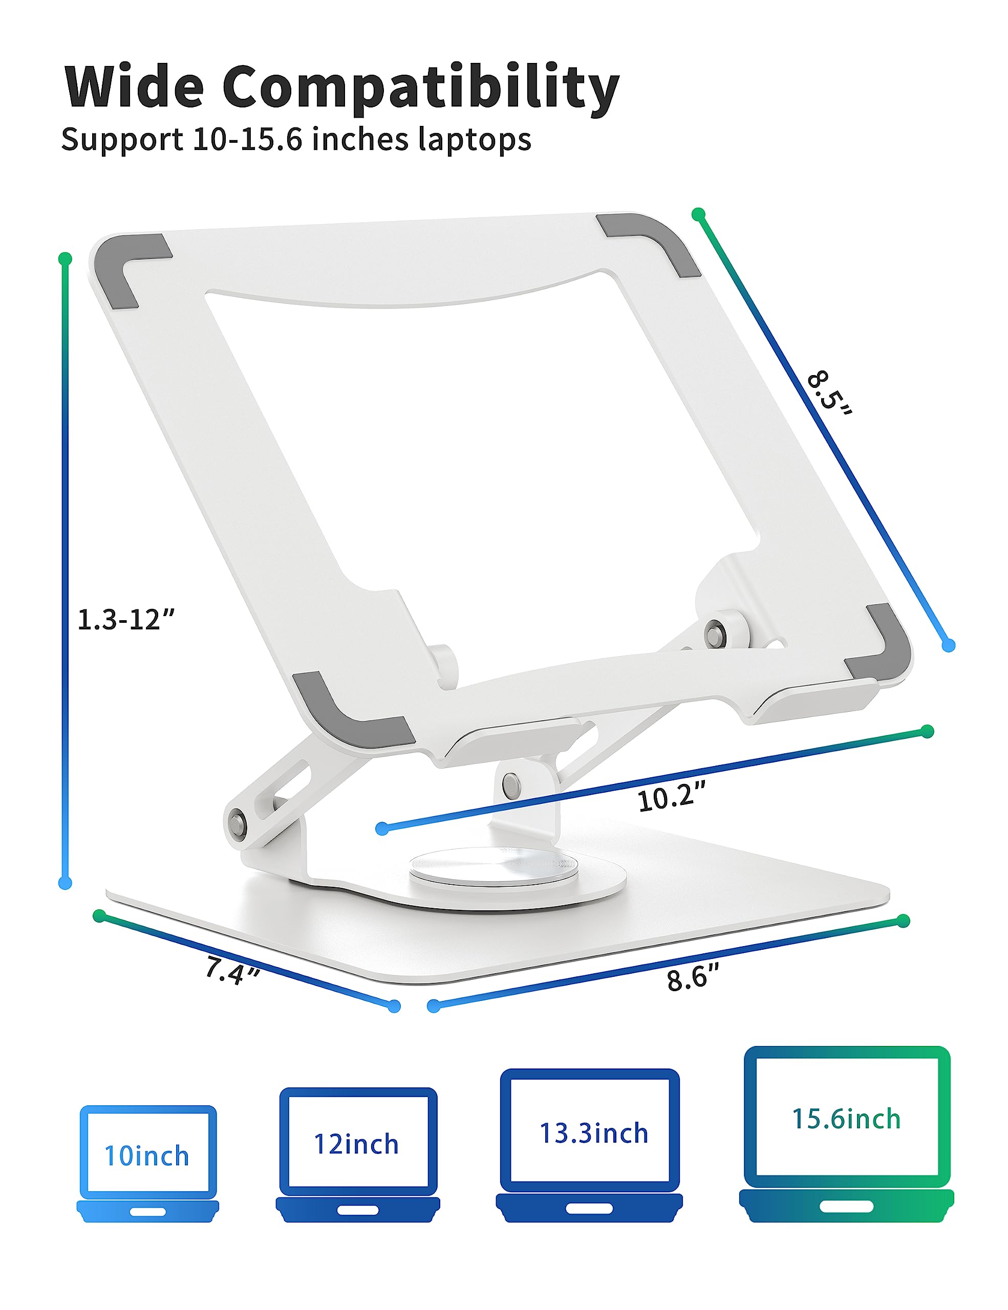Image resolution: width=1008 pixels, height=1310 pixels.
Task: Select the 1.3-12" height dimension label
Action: [125, 620]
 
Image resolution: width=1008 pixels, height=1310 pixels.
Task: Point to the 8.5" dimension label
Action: [829, 394]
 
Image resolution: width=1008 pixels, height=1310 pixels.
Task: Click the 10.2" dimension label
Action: [671, 798]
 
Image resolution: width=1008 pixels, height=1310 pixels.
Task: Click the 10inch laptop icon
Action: [147, 1164]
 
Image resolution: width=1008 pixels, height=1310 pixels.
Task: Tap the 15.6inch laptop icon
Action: [846, 1133]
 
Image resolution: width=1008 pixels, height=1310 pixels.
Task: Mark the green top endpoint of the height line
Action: [66, 259]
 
